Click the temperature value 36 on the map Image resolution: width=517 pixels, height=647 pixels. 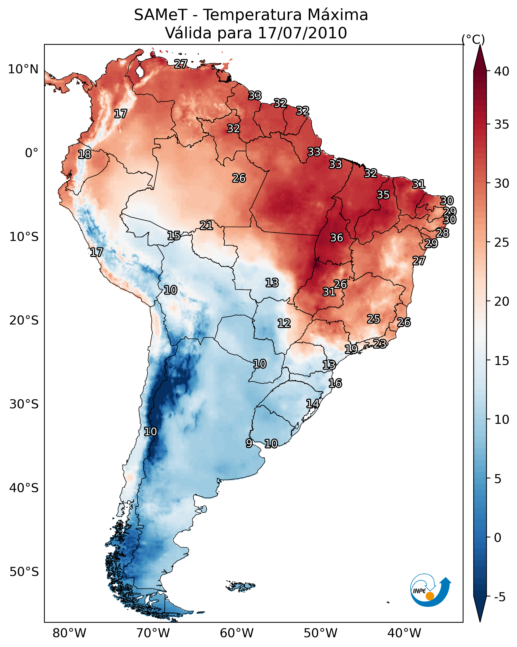tap(336, 238)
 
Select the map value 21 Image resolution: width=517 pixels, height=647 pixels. tap(206, 225)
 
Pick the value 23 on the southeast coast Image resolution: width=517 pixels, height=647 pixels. tap(380, 344)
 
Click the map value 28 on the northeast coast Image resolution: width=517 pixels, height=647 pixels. tap(442, 233)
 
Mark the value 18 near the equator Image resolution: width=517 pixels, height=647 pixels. tap(85, 154)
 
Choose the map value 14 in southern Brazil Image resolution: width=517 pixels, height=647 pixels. tap(313, 404)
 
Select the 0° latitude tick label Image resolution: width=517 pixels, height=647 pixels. tap(32, 153)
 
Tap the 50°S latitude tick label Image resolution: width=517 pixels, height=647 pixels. tap(24, 572)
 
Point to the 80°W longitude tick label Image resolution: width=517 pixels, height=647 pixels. tap(69, 633)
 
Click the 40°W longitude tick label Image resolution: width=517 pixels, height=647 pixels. tap(404, 633)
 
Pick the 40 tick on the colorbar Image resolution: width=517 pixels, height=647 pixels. tap(502, 71)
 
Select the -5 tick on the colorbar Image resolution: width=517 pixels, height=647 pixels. tap(499, 597)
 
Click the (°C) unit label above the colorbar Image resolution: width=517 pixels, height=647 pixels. tap(473, 39)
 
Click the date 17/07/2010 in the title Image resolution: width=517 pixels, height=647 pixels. tap(302, 33)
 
